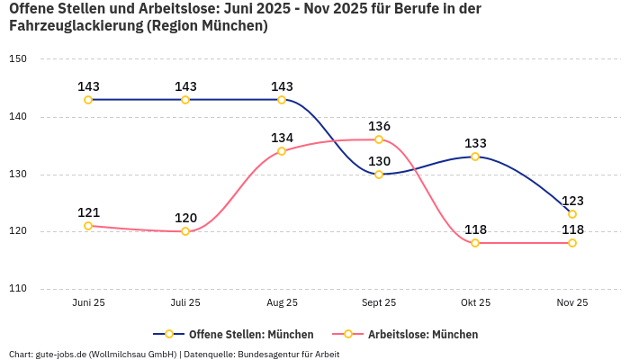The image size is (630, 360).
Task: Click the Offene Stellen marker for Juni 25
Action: [x=88, y=100]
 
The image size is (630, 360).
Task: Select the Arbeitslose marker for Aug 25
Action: [x=282, y=151]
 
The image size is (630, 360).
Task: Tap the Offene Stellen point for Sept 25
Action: [x=379, y=174]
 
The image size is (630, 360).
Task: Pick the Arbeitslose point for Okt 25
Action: [x=475, y=243]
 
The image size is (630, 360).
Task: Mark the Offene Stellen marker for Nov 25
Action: [x=572, y=214]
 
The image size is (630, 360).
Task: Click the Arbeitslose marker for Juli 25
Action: [x=185, y=231]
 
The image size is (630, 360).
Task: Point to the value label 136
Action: [x=379, y=126]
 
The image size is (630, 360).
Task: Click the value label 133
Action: [x=475, y=143]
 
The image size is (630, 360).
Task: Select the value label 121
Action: [x=88, y=212]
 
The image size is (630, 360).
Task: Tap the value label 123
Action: [x=572, y=201]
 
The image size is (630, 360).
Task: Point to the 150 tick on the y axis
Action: [x=18, y=59]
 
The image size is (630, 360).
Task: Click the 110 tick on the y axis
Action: [x=18, y=289]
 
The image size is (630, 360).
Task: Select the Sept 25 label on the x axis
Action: [x=379, y=303]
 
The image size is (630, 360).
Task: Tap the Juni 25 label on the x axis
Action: [x=88, y=303]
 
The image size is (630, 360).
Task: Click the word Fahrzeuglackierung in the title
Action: [x=75, y=26]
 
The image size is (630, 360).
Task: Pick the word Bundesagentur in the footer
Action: [x=269, y=354]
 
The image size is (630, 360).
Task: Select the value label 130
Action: [x=379, y=161]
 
